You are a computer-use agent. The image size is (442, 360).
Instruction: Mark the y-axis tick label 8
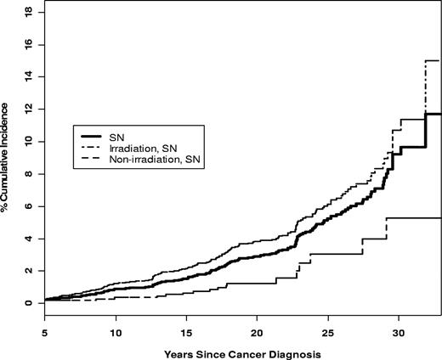31,174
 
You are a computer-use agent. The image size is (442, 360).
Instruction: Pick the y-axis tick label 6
31,206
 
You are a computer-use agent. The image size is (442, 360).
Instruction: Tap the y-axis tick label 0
31,303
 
